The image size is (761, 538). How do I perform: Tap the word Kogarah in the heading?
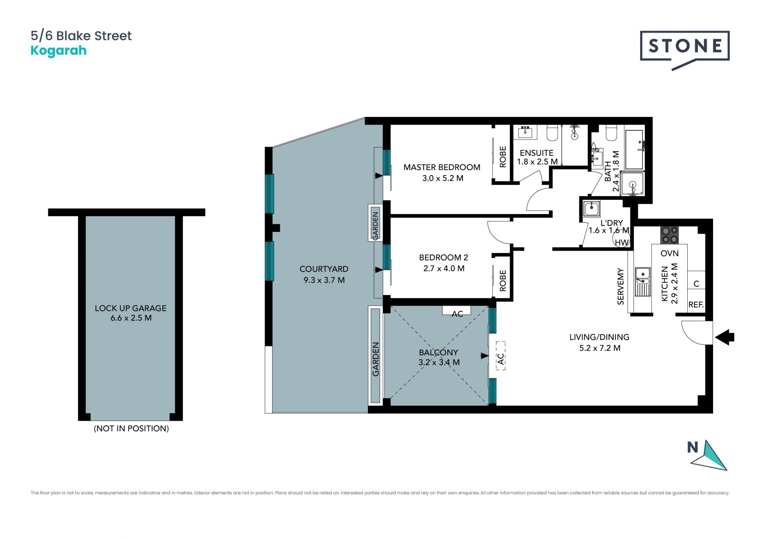tap(59, 51)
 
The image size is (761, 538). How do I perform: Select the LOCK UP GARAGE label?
tap(131, 308)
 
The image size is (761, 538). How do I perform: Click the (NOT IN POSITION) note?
tap(131, 428)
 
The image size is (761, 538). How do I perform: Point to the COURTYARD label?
tap(324, 269)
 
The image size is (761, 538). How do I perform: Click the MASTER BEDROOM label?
tap(442, 167)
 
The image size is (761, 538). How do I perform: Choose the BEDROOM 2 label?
tap(444, 257)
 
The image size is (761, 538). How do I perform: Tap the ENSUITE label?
tap(537, 153)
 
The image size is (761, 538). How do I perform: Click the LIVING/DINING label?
tap(599, 337)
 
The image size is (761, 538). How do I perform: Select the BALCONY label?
tap(438, 352)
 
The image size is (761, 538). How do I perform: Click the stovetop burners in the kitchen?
tap(669, 235)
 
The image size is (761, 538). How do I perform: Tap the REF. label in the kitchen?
tap(696, 305)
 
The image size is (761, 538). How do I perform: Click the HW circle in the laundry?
tap(621, 239)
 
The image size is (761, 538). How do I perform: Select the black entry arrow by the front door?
tap(725, 337)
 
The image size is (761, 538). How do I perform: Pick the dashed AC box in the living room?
tap(501, 356)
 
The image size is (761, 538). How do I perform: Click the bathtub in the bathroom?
tap(634, 149)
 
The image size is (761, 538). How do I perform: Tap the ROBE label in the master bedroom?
tap(503, 157)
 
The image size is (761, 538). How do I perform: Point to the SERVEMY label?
tap(621, 287)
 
